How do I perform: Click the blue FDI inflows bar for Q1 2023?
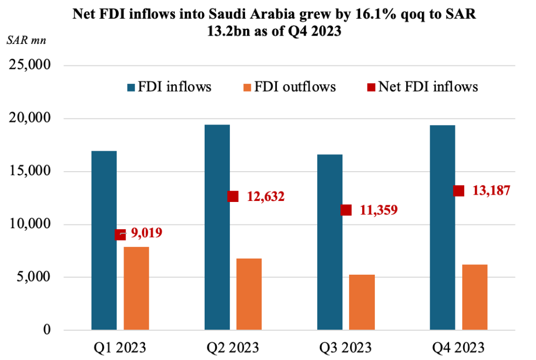tap(104, 241)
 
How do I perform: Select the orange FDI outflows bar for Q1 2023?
tap(136, 288)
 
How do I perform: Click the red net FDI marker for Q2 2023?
tap(233, 196)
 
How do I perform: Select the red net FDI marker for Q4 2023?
tap(459, 190)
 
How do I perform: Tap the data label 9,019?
tap(146, 233)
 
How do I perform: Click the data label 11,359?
tap(379, 210)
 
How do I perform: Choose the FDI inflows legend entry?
tap(168, 86)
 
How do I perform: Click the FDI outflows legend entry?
tap(288, 86)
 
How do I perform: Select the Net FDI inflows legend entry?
tap(422, 86)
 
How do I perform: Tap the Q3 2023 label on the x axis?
tap(345, 347)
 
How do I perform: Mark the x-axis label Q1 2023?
tap(120, 347)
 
